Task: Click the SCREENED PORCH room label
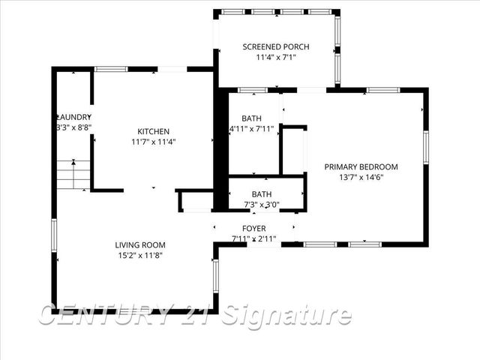[276, 46]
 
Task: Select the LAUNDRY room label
[75, 117]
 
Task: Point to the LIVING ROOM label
[140, 245]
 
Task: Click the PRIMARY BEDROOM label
[361, 166]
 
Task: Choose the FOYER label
[253, 229]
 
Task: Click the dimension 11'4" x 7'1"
[276, 57]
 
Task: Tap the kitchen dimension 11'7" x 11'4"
[153, 141]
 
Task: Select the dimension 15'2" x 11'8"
[140, 255]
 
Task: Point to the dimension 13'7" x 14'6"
[361, 177]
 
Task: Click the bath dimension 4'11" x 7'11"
[252, 129]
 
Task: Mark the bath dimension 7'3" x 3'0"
[262, 204]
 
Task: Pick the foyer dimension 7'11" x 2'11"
[253, 238]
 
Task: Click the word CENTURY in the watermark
[105, 315]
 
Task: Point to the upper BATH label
[251, 118]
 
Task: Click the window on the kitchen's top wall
[111, 69]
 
